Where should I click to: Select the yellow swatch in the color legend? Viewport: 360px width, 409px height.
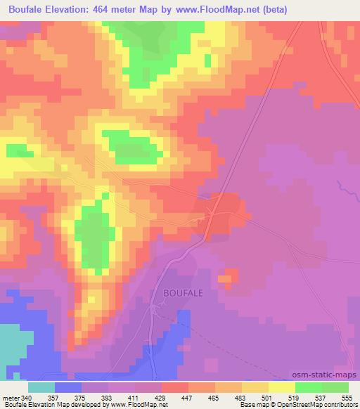pos(281,387)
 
